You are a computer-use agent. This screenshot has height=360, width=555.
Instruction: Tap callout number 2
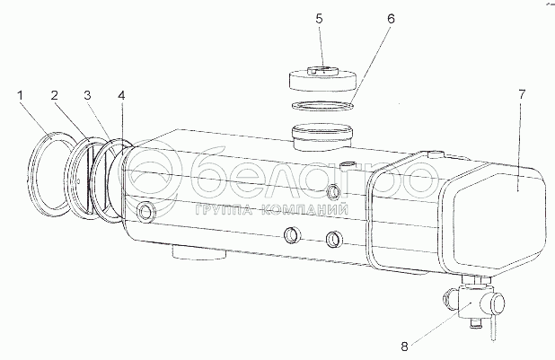click(54, 93)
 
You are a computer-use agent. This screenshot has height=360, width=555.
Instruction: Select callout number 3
click(87, 93)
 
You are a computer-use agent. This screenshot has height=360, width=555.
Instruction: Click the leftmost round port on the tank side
click(145, 212)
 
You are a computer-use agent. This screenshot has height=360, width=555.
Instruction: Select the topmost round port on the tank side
click(335, 189)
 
